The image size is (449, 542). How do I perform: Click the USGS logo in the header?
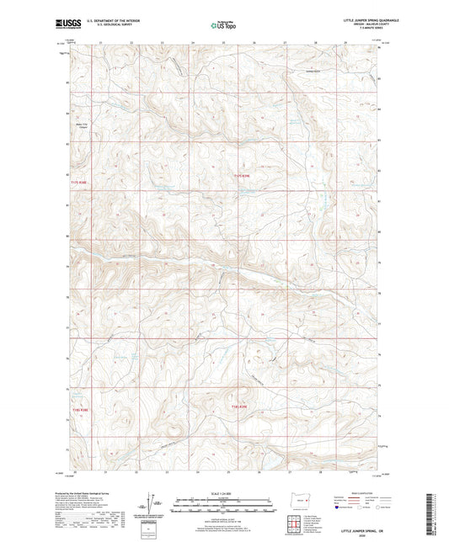click(64, 24)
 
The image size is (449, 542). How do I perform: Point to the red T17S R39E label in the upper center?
click(242, 175)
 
